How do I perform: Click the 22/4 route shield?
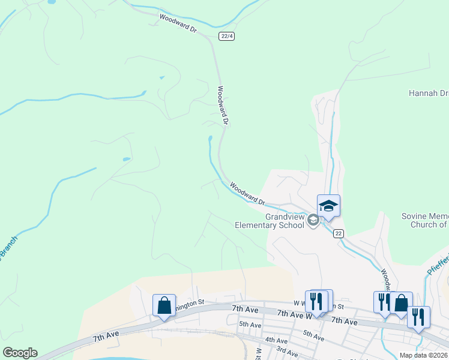(227, 36)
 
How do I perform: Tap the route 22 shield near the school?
(339, 233)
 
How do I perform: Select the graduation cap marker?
(328, 206)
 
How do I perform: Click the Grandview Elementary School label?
(269, 221)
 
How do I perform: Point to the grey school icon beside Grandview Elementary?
(313, 221)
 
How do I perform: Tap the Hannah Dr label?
(429, 93)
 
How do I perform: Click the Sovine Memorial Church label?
(425, 220)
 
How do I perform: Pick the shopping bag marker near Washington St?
(164, 306)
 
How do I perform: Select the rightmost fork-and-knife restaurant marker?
(418, 317)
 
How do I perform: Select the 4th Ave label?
(276, 340)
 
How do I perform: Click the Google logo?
(20, 353)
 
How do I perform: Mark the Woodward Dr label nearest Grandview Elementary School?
(247, 193)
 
